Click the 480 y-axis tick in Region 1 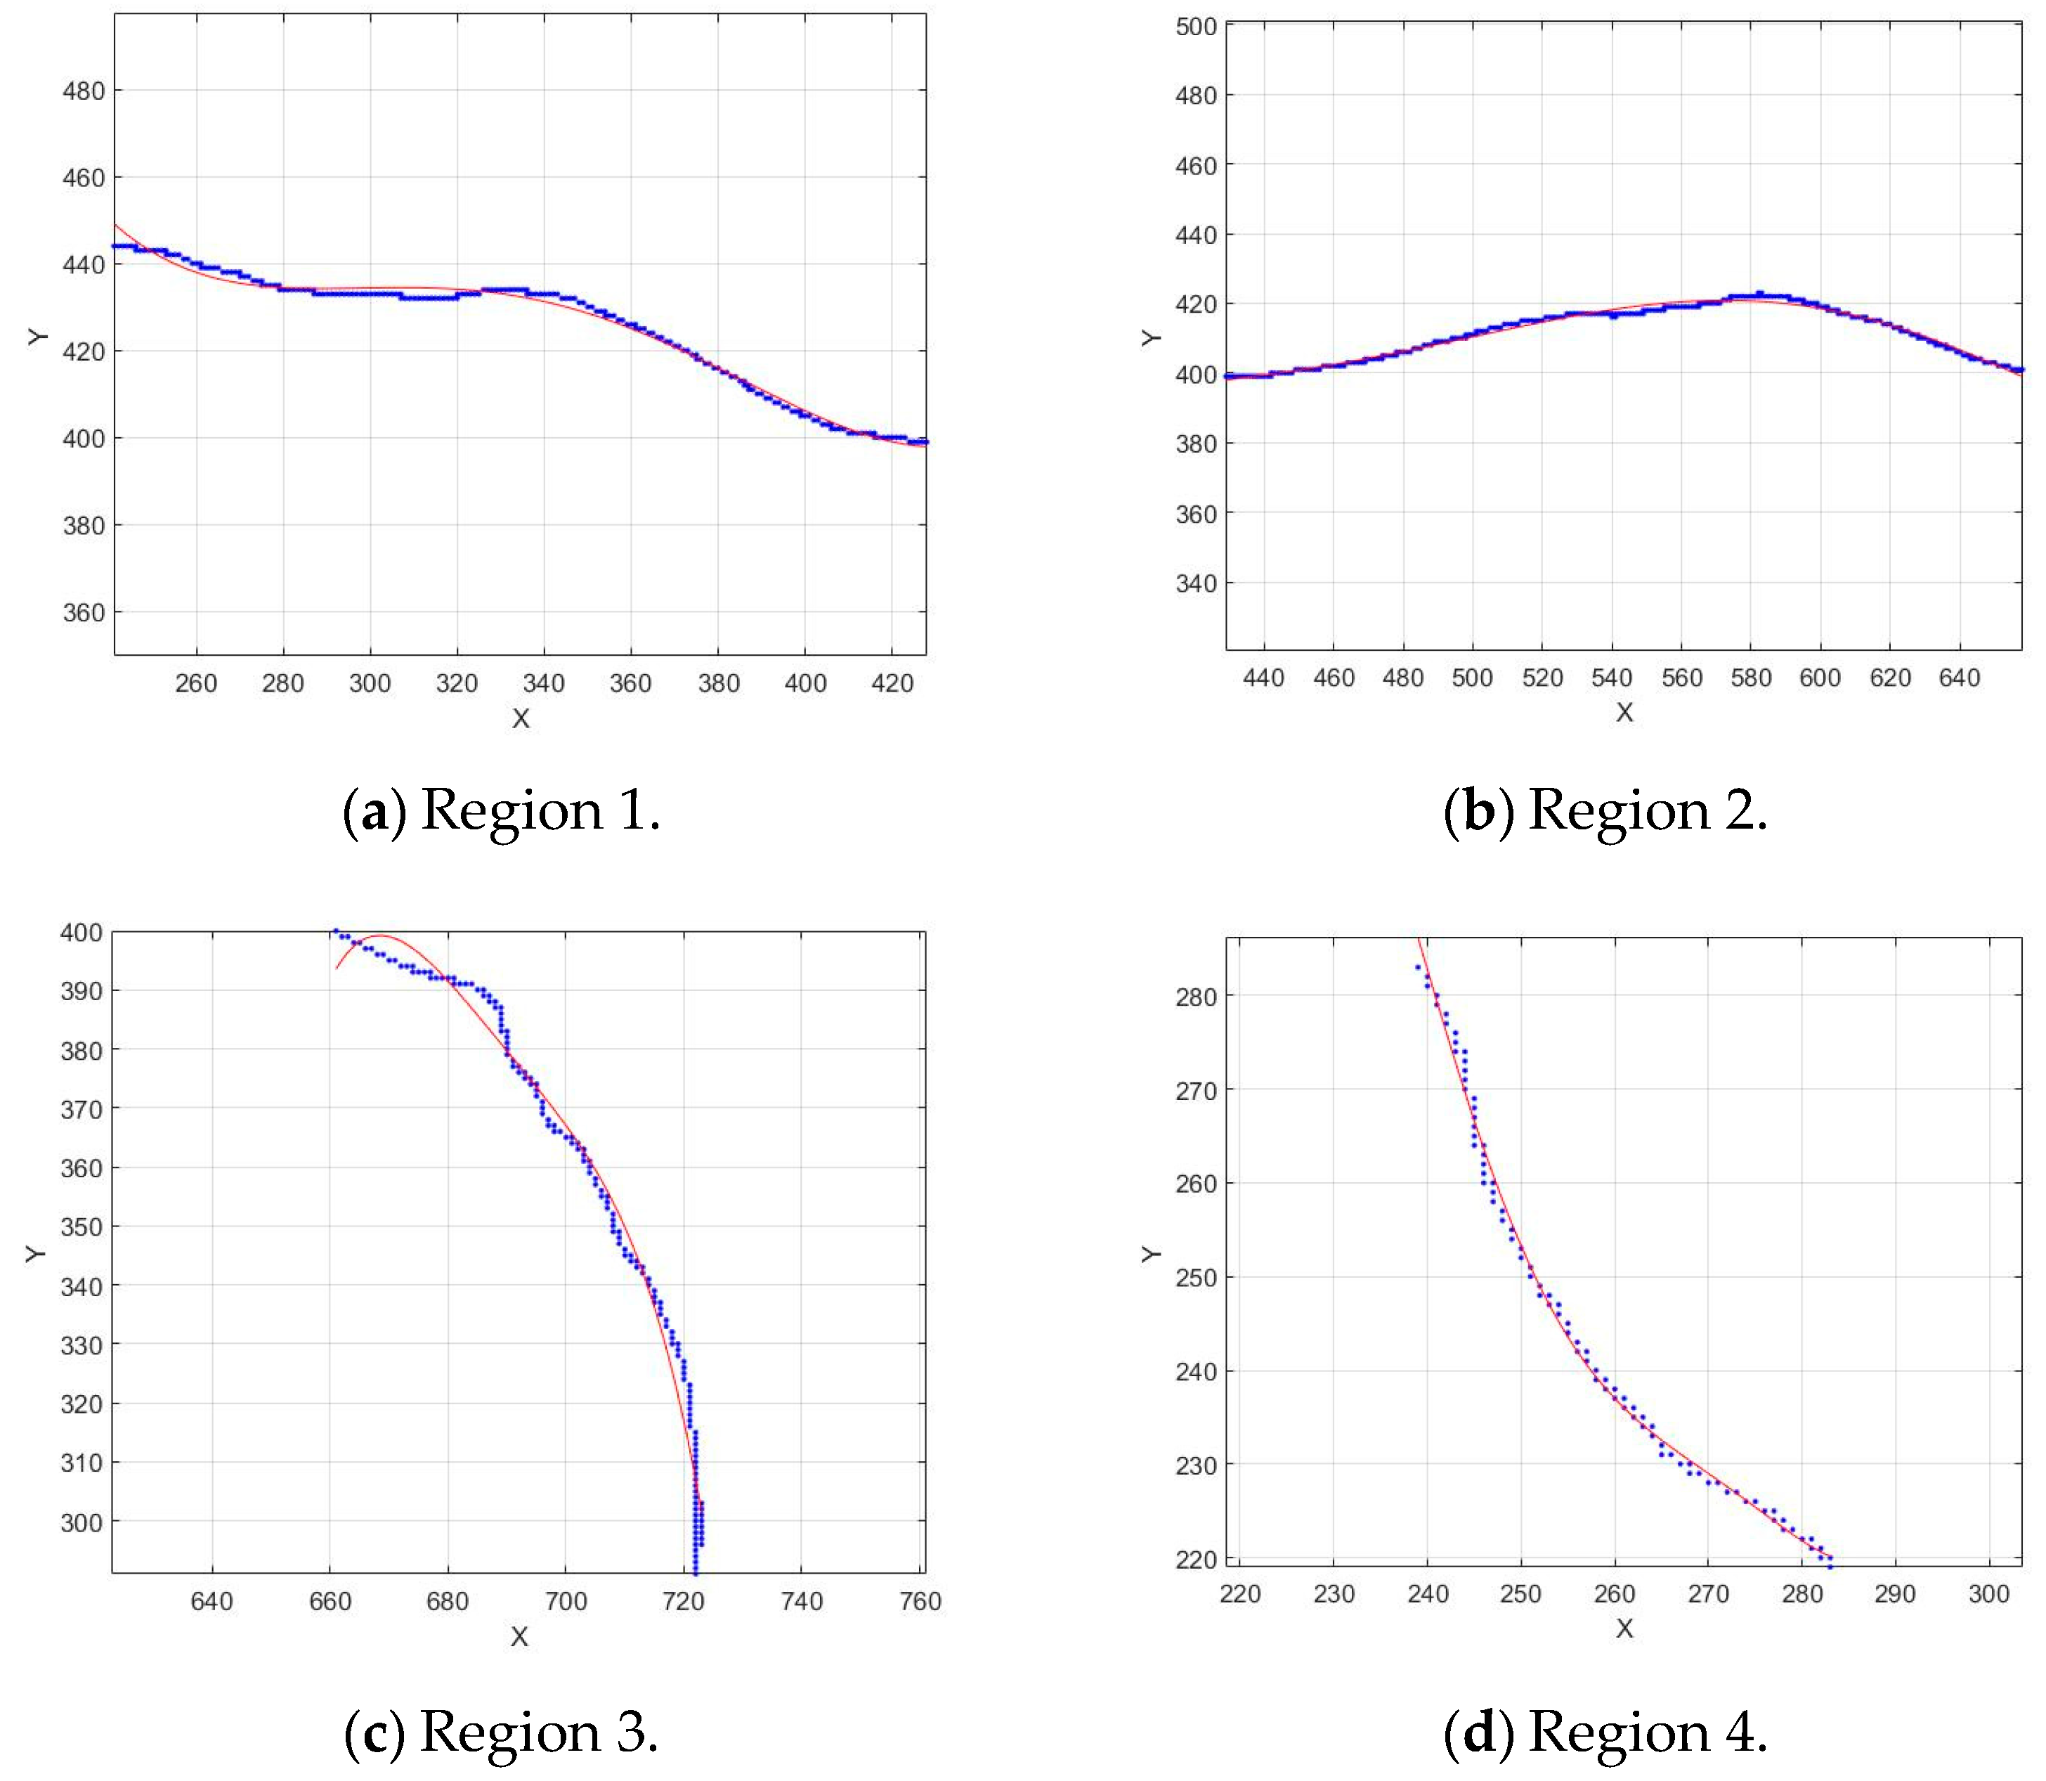[x=84, y=91]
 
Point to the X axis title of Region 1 [x=520, y=718]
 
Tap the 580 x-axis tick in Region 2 [x=1750, y=678]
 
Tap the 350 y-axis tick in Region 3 [x=82, y=1226]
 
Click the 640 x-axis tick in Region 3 [x=211, y=1601]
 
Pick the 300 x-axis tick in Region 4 [x=1988, y=1594]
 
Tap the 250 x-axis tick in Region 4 [x=1520, y=1594]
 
